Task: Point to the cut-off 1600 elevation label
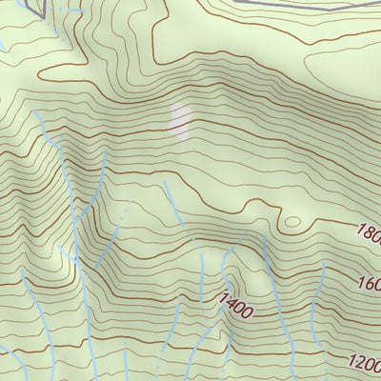click(370, 283)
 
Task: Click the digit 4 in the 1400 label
click(230, 304)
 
